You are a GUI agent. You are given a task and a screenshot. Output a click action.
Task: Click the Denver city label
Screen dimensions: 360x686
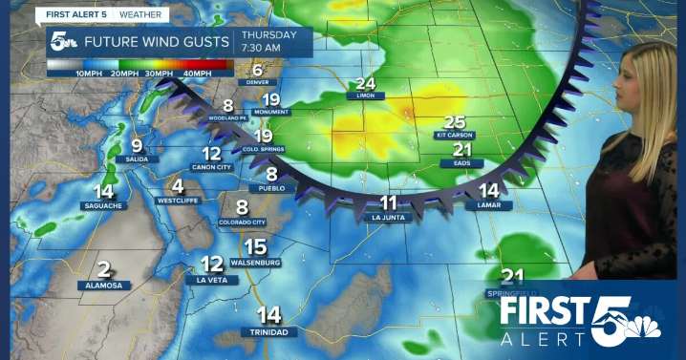click(257, 82)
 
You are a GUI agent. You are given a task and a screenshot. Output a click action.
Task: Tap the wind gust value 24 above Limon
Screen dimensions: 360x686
click(366, 84)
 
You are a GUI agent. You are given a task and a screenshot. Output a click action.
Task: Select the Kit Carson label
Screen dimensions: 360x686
click(455, 135)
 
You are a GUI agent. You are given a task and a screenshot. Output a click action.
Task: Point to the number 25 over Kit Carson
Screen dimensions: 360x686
click(455, 121)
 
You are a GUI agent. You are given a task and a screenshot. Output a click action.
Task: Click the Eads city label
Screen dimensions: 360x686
click(462, 163)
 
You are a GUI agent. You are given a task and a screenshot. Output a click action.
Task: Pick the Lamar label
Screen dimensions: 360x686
click(488, 204)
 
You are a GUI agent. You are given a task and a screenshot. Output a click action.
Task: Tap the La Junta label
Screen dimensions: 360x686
click(388, 217)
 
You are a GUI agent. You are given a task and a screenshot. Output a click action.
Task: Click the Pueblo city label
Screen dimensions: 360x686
click(271, 188)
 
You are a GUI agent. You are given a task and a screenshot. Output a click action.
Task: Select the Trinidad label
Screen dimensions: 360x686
click(269, 331)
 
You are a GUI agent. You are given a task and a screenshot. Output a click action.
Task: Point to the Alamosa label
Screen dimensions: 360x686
click(103, 285)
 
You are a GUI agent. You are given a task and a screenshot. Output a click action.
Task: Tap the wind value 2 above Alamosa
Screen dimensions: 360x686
click(103, 270)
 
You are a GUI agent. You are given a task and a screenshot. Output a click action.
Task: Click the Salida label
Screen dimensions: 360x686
click(138, 159)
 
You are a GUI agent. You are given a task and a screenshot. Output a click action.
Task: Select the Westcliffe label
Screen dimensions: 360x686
click(177, 201)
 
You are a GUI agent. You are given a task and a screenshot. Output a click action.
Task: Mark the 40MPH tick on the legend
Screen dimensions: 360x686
click(197, 74)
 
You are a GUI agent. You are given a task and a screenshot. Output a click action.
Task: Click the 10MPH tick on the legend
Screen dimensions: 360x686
click(89, 74)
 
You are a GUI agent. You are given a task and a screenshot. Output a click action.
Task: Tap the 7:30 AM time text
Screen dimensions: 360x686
click(279, 48)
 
